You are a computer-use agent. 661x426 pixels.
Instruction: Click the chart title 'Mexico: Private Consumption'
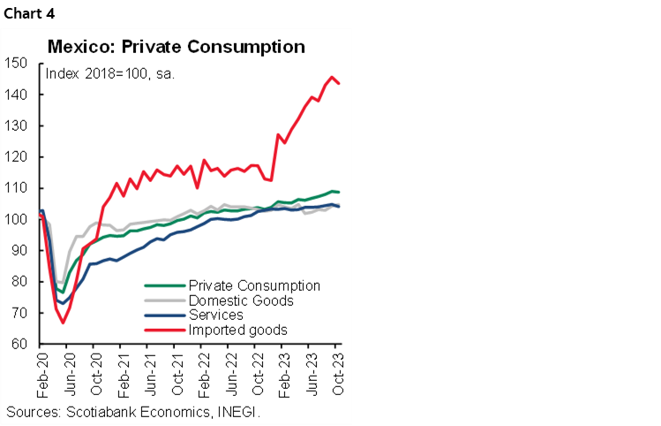coord(177,46)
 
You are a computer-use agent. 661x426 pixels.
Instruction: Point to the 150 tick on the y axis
coord(15,64)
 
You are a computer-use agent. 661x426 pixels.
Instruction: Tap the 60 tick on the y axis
coord(19,345)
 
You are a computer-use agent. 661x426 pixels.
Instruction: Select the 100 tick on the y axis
coord(15,220)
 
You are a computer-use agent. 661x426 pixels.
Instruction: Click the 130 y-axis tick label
coord(15,126)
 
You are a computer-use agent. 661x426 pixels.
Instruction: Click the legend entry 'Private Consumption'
coord(254,285)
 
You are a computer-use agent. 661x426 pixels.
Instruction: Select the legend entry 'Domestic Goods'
coord(241,300)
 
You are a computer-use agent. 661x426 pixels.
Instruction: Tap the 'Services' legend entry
coord(217,316)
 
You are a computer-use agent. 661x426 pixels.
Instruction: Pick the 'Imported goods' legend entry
coord(237,330)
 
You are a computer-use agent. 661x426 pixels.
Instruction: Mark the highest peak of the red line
coord(332,77)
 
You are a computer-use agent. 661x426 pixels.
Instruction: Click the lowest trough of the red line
coord(63,323)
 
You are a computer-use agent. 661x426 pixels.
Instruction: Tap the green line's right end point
coord(341,192)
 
